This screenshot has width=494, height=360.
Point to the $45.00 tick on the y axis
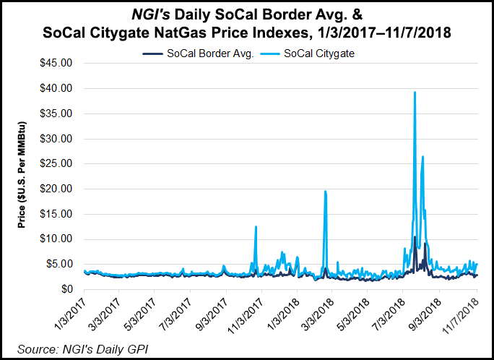(x=56, y=63)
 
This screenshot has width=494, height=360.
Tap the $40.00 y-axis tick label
(x=56, y=88)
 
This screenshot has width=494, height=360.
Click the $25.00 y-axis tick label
(x=56, y=163)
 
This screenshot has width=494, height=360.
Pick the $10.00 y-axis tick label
(x=56, y=239)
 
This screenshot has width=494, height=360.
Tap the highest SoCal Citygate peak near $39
(x=415, y=93)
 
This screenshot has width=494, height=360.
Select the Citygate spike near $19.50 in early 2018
(x=326, y=192)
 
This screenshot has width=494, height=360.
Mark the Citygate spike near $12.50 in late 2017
(x=256, y=227)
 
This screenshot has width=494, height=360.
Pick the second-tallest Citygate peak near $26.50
(x=422, y=157)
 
